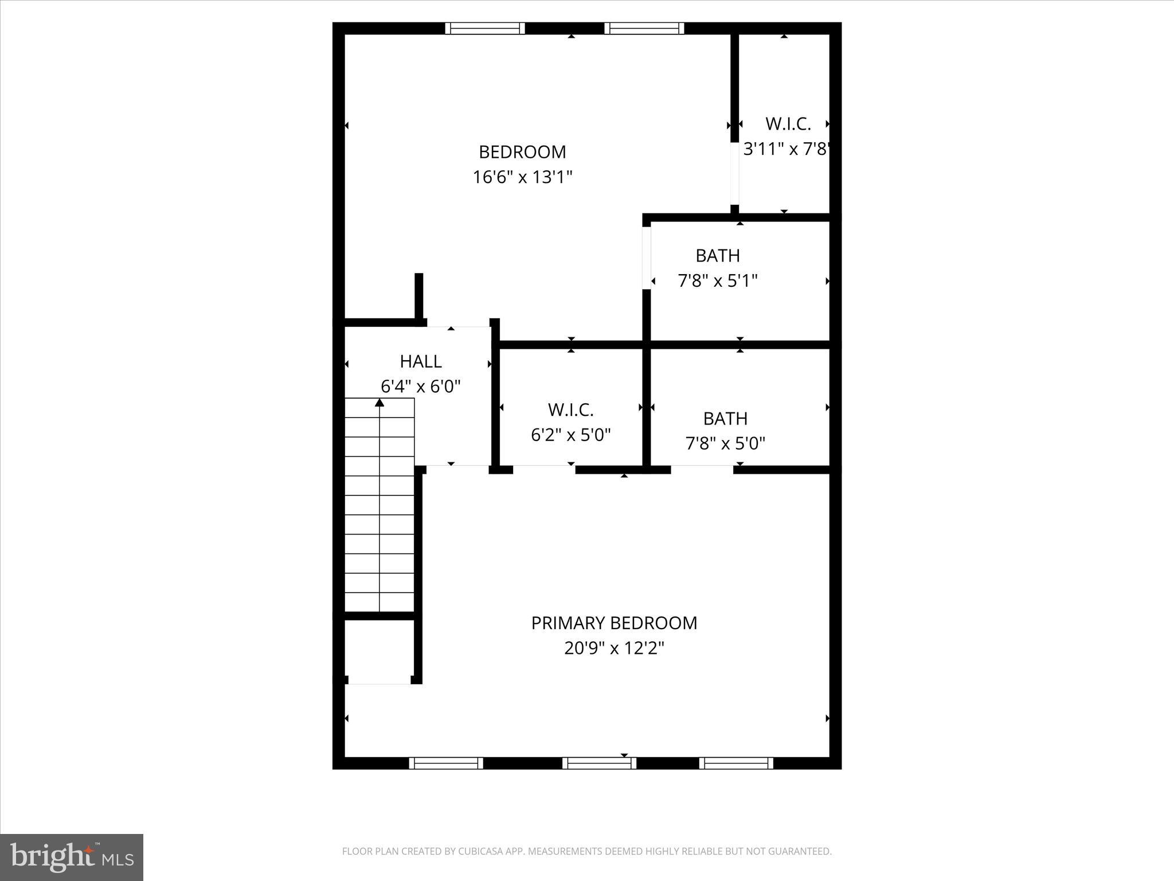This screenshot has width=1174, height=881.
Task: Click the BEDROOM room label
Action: [522, 152]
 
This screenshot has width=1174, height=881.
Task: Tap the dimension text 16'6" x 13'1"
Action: [522, 177]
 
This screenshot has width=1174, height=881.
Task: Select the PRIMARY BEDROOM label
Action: [614, 623]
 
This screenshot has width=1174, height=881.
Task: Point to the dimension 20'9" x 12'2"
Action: [614, 649]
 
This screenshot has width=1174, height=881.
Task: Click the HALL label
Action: [421, 361]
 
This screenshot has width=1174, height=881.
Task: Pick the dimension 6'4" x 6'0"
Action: [421, 387]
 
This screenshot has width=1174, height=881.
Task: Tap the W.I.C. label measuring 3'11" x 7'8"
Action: [788, 124]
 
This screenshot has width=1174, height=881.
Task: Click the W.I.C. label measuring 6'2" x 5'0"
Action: [570, 410]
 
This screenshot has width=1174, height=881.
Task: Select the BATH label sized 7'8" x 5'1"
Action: [718, 256]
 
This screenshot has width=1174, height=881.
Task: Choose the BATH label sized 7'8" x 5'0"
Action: [725, 419]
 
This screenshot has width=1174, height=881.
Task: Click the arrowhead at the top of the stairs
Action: [379, 403]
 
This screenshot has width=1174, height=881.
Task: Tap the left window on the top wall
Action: [485, 28]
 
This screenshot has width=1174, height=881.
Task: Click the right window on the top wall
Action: [644, 28]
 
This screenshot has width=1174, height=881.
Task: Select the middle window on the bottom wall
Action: [599, 763]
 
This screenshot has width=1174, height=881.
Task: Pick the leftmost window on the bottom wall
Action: [446, 763]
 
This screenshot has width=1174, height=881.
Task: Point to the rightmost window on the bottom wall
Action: [736, 763]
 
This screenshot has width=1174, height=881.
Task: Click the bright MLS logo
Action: [72, 857]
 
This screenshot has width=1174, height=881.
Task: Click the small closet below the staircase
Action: [379, 651]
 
